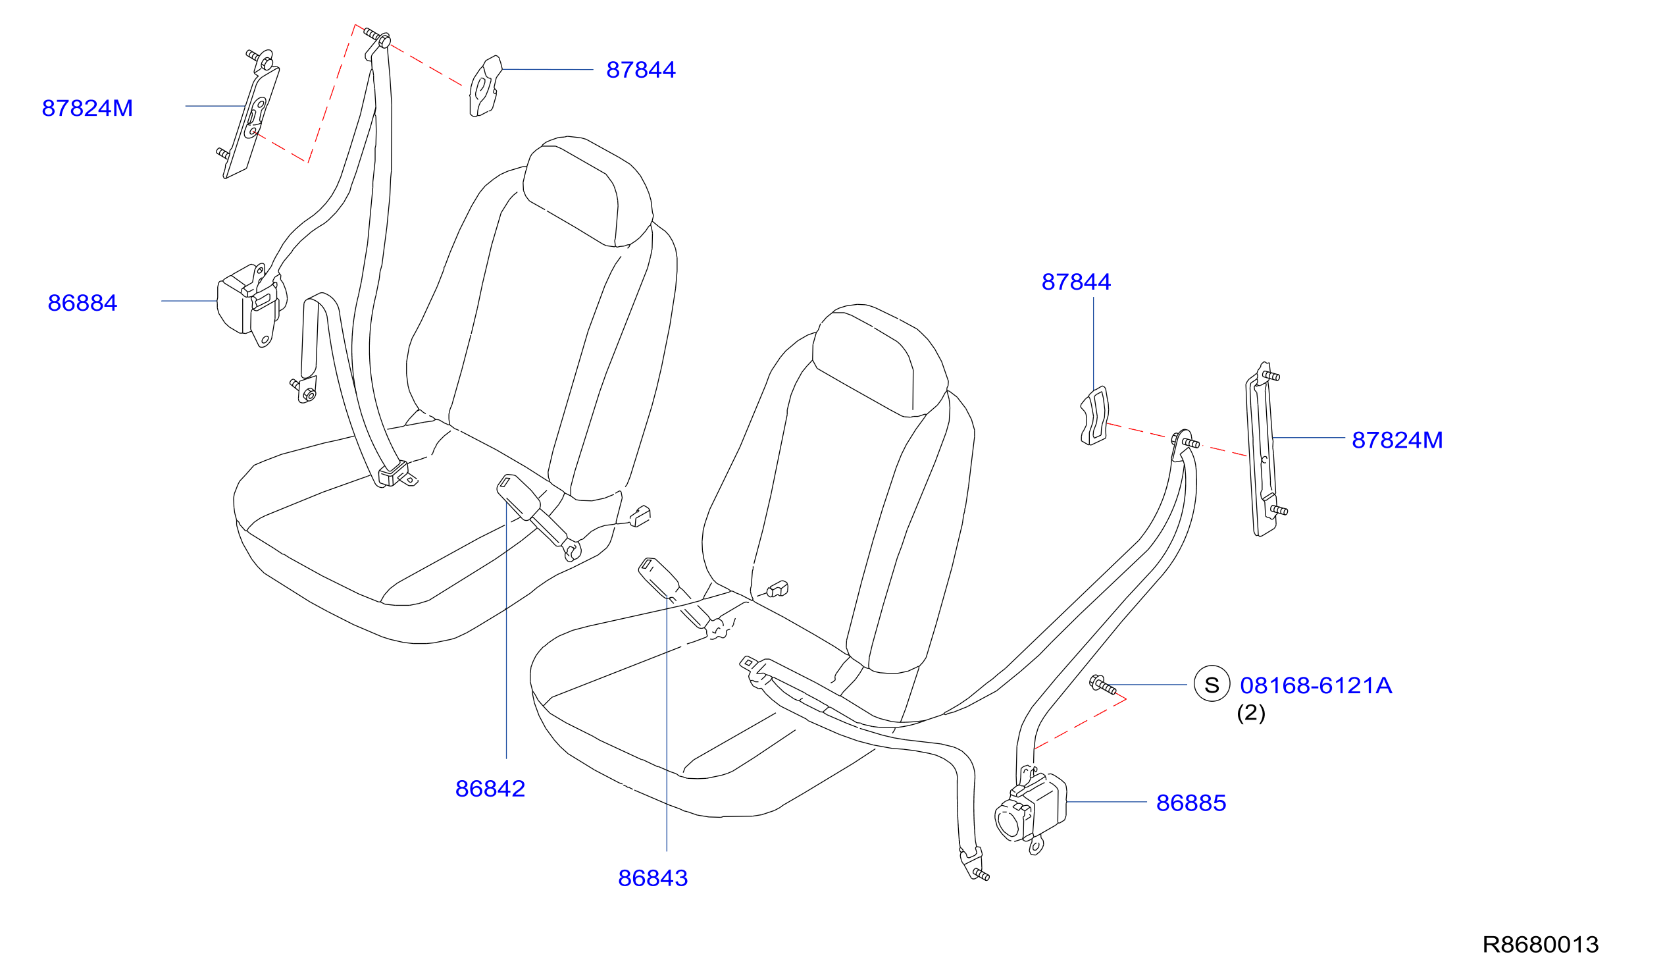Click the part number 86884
82,303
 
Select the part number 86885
1191,803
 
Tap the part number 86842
490,788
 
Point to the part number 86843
653,878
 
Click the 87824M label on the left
87,108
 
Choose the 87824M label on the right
1397,440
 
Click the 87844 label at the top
641,70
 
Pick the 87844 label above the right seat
1076,282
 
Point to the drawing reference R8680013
1540,945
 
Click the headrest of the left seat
587,192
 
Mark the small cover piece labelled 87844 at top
486,86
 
